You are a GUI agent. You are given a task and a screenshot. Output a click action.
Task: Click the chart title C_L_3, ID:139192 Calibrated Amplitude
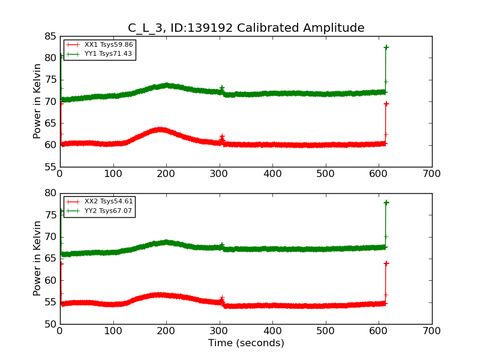click(246, 28)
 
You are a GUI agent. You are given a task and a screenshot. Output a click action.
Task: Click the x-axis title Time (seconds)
click(246, 343)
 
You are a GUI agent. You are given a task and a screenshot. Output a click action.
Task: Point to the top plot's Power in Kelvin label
click(38, 101)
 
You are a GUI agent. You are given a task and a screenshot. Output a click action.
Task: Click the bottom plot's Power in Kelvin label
click(38, 258)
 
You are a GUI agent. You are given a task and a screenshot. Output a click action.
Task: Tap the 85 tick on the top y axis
click(49, 37)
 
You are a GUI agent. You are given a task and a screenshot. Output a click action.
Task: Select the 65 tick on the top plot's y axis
click(49, 124)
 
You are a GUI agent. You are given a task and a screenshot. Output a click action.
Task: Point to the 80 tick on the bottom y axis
click(49, 193)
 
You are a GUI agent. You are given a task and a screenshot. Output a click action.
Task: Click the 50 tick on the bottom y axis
click(49, 324)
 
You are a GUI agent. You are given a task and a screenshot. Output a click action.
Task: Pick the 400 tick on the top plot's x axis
click(272, 174)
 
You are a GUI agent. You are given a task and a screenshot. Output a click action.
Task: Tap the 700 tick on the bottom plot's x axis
click(432, 331)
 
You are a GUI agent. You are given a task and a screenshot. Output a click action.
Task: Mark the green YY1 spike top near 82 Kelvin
click(386, 47)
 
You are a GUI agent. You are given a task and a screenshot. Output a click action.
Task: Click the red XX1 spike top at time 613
click(386, 104)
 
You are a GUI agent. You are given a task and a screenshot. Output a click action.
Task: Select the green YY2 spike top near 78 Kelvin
click(386, 203)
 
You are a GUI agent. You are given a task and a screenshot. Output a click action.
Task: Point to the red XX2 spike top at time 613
click(386, 263)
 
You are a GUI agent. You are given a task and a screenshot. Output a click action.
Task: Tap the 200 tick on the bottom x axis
click(166, 331)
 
